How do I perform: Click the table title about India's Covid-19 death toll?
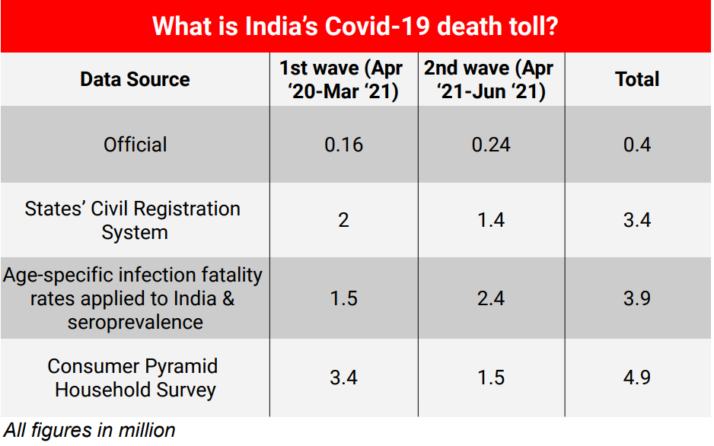click(x=356, y=27)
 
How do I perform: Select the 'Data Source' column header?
click(x=135, y=79)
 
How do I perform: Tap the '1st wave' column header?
click(x=343, y=79)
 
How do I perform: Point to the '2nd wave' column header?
click(x=491, y=79)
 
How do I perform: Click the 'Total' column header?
click(x=637, y=79)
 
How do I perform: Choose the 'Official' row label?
click(x=135, y=145)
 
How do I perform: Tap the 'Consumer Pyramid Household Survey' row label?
click(x=135, y=378)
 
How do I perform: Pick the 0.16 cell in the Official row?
click(x=343, y=145)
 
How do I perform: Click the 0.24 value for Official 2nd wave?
click(x=491, y=145)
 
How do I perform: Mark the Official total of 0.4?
click(x=637, y=145)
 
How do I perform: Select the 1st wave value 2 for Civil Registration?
click(x=343, y=221)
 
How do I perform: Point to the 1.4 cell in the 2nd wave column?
click(x=491, y=221)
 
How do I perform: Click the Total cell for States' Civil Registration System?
click(x=637, y=221)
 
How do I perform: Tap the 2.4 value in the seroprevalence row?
click(x=491, y=298)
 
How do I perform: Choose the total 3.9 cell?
click(x=637, y=298)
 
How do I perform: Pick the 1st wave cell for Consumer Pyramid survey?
click(x=343, y=378)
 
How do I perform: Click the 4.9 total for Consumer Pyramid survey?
click(x=637, y=378)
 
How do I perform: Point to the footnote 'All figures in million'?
click(x=89, y=431)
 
